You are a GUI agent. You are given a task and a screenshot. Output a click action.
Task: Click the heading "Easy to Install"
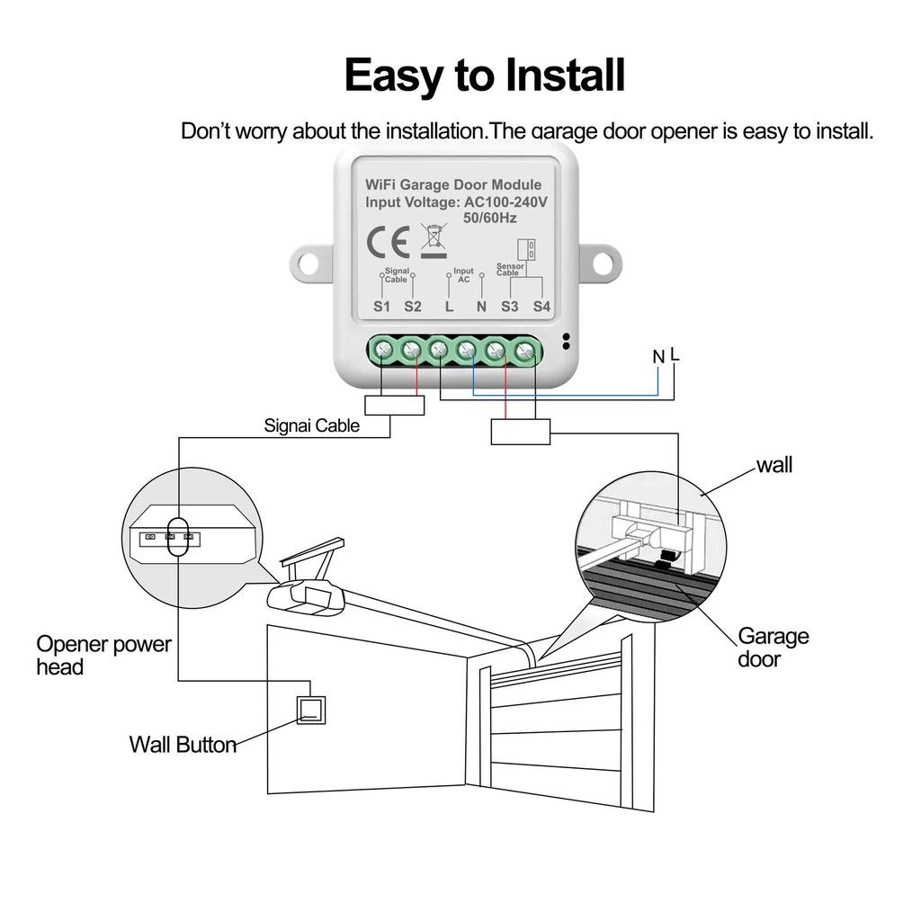(x=484, y=76)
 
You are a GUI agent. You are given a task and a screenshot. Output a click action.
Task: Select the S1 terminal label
(x=382, y=307)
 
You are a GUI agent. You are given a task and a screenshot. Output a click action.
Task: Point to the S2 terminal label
(x=412, y=307)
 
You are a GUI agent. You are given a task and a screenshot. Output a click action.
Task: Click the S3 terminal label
(x=510, y=307)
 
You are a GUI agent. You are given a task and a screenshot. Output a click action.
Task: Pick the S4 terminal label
(x=541, y=307)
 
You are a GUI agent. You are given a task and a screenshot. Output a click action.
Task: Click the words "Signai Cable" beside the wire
(x=311, y=425)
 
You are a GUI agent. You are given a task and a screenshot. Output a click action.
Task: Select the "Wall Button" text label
(x=183, y=745)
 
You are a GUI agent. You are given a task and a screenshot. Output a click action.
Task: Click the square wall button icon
(x=311, y=711)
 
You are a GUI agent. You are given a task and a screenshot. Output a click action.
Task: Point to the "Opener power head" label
(x=103, y=656)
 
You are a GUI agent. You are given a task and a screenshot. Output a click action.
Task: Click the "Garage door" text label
(x=773, y=648)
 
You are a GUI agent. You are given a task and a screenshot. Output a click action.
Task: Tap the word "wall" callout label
(x=774, y=465)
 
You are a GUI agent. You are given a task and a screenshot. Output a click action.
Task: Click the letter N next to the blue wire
(x=658, y=358)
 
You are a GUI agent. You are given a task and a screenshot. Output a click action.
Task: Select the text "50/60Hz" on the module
(x=490, y=218)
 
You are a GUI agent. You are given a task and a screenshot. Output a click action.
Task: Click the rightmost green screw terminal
(x=525, y=350)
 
